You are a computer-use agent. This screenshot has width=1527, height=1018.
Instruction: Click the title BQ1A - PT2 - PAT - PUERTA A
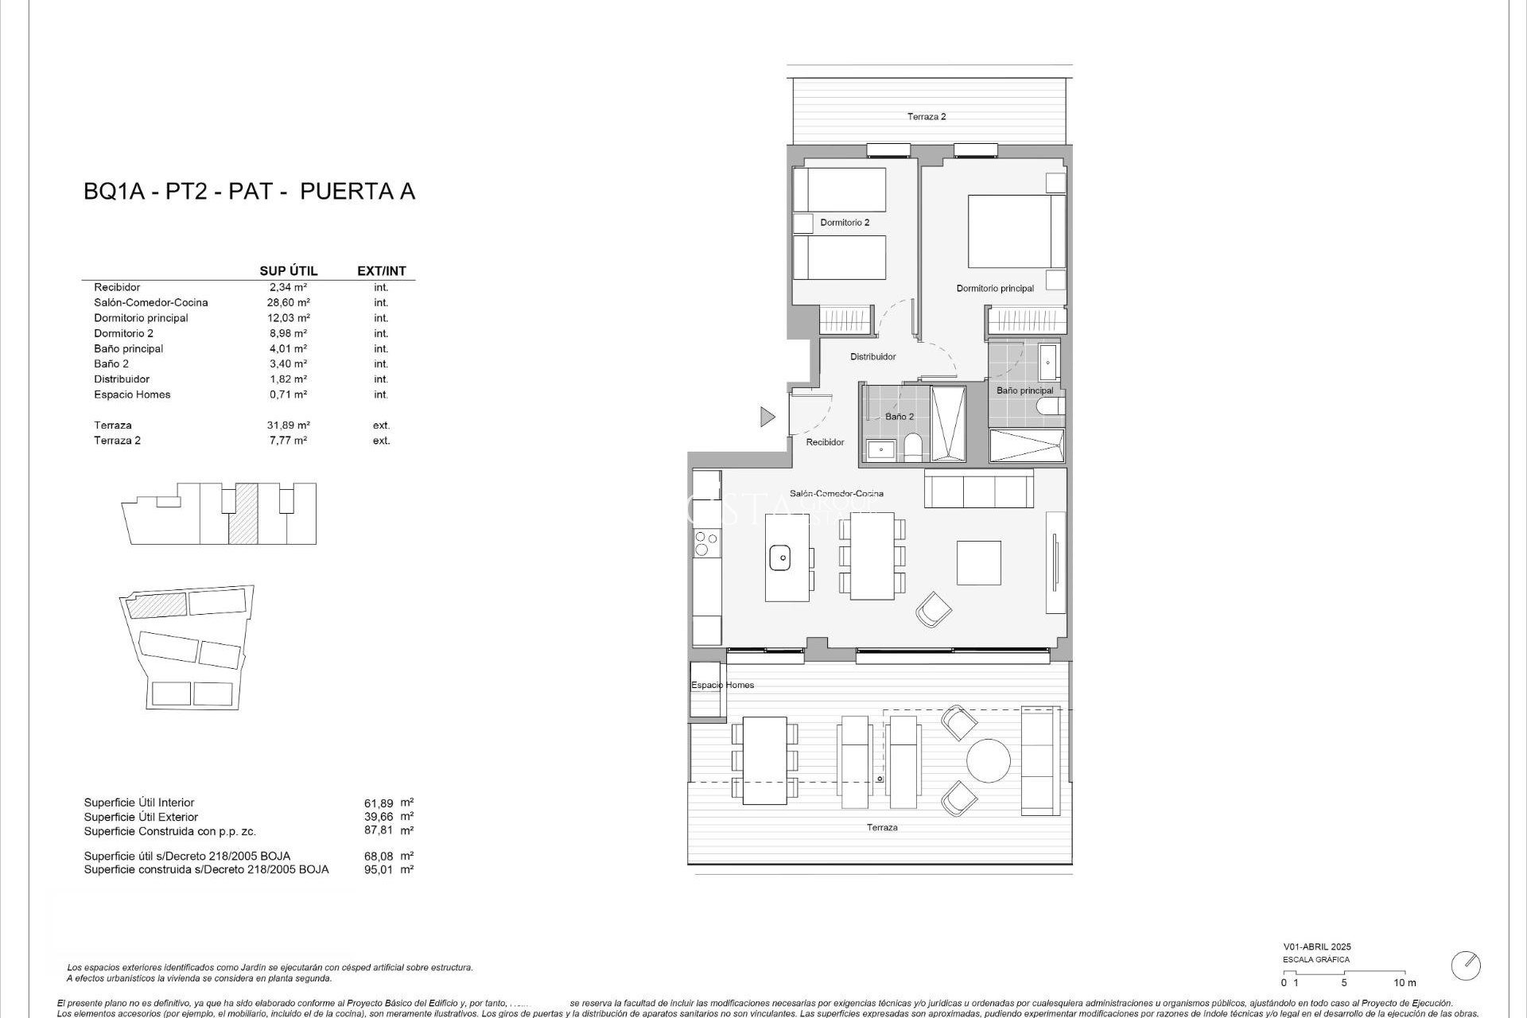click(249, 192)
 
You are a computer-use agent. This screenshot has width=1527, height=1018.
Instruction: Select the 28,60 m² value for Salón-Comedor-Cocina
click(288, 302)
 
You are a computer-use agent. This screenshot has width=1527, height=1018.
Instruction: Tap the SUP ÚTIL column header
click(289, 271)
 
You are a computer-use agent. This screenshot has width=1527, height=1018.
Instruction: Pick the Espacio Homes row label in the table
click(132, 394)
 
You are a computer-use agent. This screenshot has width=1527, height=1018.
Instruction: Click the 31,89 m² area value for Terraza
click(288, 425)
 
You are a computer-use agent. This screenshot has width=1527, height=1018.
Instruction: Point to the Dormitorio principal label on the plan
click(995, 289)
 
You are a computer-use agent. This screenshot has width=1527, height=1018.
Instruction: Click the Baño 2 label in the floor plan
click(899, 417)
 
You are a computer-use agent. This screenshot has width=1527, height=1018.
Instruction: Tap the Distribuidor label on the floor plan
click(873, 357)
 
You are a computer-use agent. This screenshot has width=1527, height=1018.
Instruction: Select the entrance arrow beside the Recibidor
click(767, 416)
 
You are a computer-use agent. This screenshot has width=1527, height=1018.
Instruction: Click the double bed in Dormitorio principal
click(1016, 231)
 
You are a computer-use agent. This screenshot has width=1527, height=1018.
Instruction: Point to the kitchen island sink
click(782, 558)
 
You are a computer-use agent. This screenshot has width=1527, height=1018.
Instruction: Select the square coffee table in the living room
click(978, 562)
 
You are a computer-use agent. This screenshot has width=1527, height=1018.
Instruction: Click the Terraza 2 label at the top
click(927, 117)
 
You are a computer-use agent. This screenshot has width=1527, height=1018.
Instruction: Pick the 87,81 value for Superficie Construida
click(379, 830)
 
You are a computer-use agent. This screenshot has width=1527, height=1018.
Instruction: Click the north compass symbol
click(1465, 966)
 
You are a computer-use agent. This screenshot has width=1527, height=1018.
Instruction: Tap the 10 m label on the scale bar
click(1405, 983)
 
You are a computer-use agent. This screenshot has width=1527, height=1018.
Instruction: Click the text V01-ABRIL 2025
click(1316, 947)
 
